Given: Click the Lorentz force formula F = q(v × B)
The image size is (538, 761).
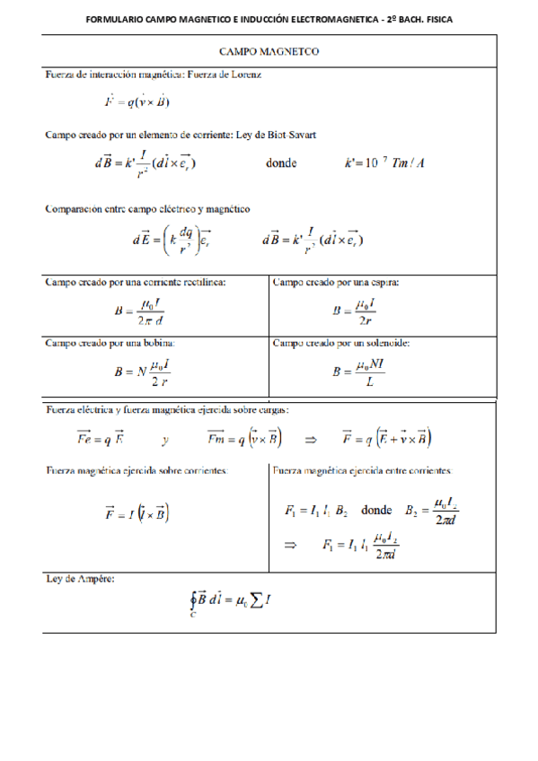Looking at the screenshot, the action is coord(137,101).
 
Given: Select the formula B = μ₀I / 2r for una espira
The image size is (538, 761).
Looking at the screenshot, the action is coord(353,312).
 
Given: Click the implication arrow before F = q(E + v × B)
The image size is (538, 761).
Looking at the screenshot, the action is coord(312,439).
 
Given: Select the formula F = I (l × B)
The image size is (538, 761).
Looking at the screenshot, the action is coord(137,513).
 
